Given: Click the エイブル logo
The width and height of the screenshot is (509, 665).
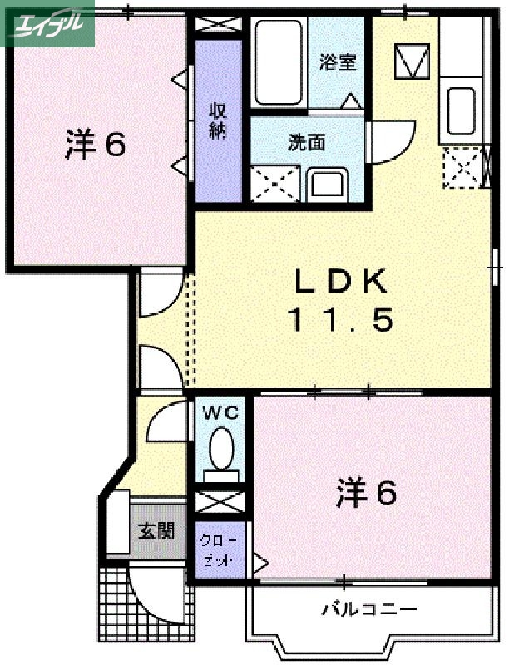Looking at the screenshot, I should coord(48,24).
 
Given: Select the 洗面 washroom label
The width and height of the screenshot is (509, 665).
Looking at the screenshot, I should coord(306,142).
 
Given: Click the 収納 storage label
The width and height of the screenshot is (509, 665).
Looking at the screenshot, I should coord(218,121).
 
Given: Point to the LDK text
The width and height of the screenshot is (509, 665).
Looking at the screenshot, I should coord(339,283).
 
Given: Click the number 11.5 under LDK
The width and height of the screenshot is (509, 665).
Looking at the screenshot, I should coord(339,320).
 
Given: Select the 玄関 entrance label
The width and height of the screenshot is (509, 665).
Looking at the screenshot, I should coord(156,529).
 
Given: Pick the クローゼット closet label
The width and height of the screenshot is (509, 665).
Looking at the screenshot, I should coord(219,548).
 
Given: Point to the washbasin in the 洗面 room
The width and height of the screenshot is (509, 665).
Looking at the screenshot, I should coord(329,183).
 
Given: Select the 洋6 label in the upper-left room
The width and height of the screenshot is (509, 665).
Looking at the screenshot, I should coord(95,145).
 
